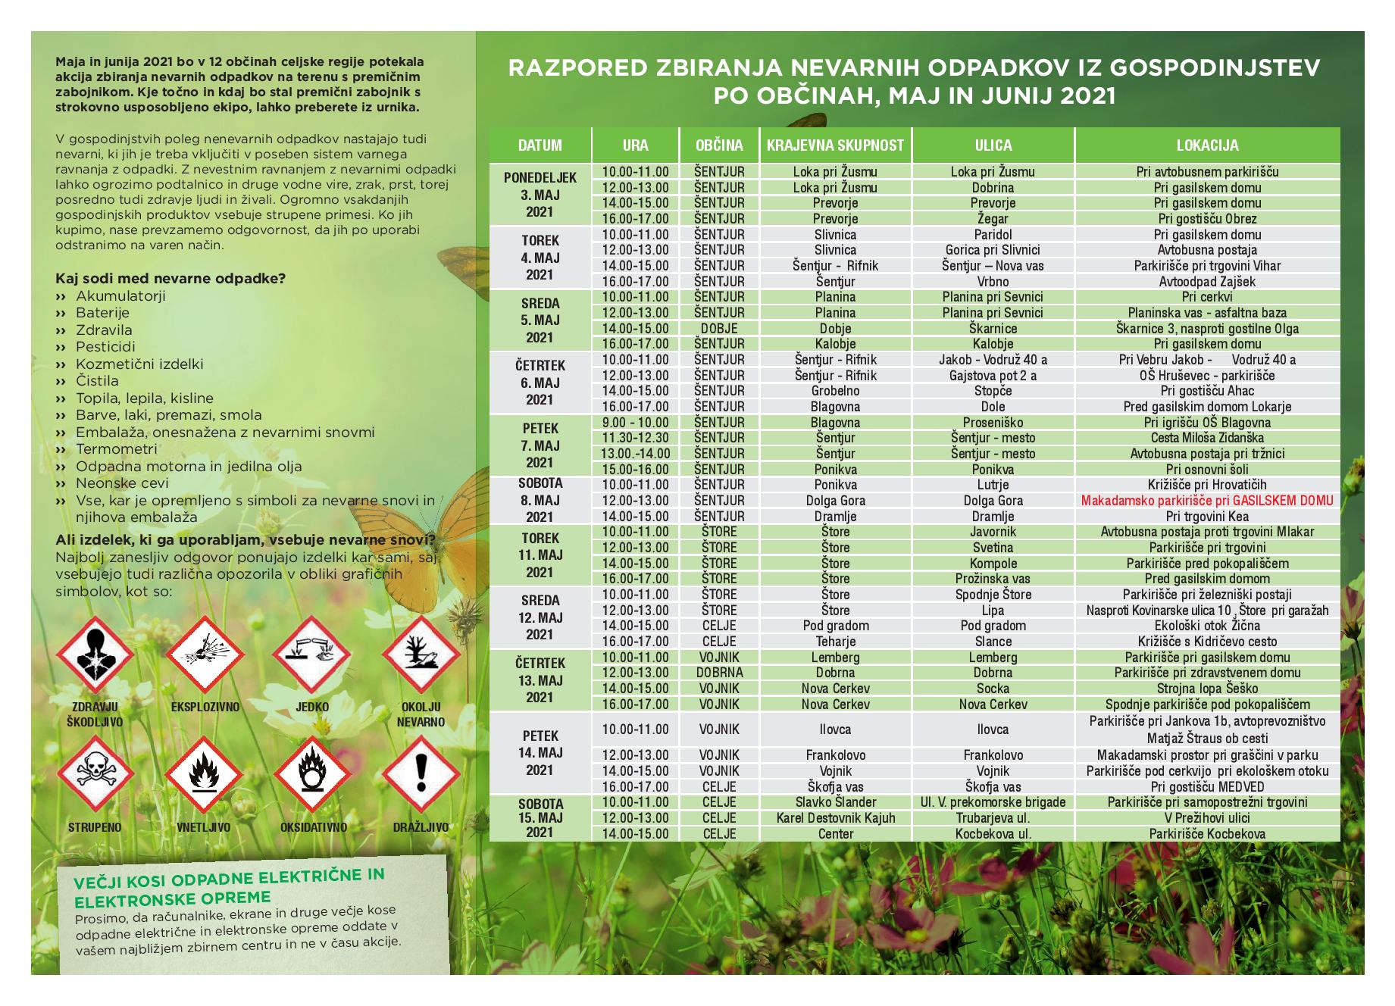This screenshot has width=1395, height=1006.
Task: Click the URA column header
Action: pyautogui.click(x=635, y=145)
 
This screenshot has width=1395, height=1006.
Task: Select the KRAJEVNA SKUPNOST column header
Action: pyautogui.click(x=835, y=145)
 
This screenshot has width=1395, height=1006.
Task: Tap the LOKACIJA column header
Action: pyautogui.click(x=1207, y=145)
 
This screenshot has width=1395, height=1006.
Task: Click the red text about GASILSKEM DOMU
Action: pyautogui.click(x=1207, y=501)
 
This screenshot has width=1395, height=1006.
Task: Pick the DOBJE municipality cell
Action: pyautogui.click(x=719, y=329)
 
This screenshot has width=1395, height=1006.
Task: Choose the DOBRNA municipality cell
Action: pyautogui.click(x=719, y=673)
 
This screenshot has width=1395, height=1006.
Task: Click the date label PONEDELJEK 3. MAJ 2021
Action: pyautogui.click(x=540, y=195)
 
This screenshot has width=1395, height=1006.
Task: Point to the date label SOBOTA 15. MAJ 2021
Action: pyautogui.click(x=540, y=818)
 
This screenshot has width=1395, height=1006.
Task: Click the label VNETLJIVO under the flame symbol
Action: pyautogui.click(x=204, y=828)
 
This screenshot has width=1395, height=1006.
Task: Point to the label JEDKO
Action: pyautogui.click(x=312, y=708)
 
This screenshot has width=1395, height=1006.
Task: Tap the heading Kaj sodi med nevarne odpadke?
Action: pyautogui.click(x=170, y=278)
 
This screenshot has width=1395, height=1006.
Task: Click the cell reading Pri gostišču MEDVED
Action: pyautogui.click(x=1207, y=787)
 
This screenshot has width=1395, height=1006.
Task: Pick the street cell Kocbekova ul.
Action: pyautogui.click(x=993, y=834)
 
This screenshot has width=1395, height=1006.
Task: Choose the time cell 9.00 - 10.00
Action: pyautogui.click(x=635, y=423)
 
